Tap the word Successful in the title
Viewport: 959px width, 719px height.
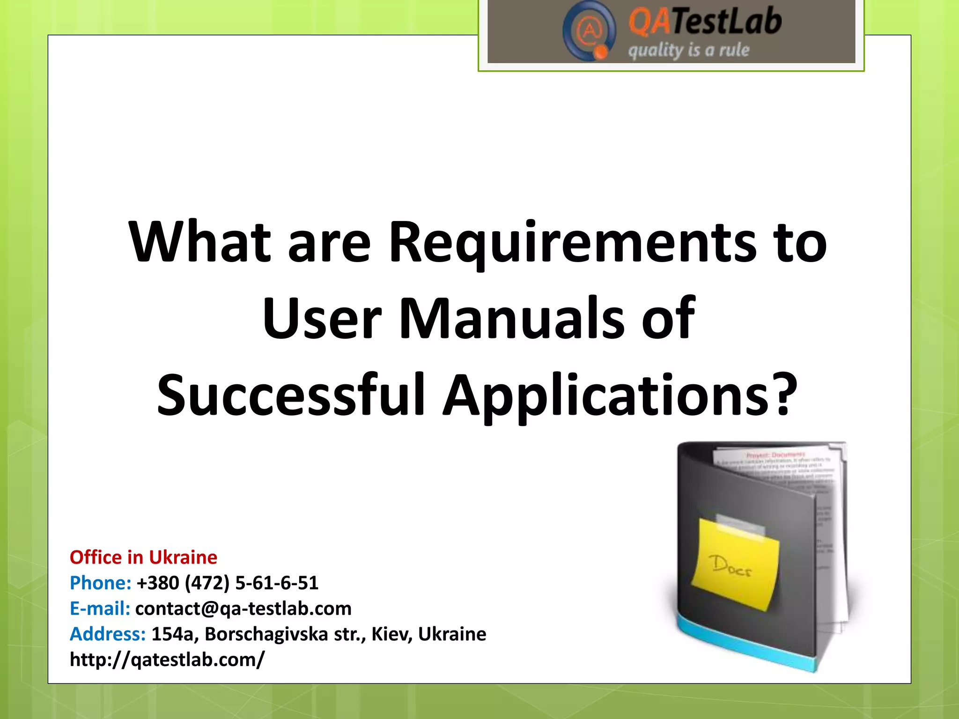pos(291,395)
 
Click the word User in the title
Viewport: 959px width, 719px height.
pos(322,319)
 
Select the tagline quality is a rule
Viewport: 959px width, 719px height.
pos(688,50)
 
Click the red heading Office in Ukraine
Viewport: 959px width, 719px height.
pos(143,558)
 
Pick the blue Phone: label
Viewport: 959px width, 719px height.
pos(100,583)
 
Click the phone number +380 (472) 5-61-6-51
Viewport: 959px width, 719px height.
pos(228,583)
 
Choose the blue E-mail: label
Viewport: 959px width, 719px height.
pos(100,609)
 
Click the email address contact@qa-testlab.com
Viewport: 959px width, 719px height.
pos(243,609)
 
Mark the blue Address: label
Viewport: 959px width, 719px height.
pos(108,634)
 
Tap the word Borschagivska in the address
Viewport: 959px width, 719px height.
pos(266,634)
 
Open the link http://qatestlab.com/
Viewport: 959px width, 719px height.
pos(167,660)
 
